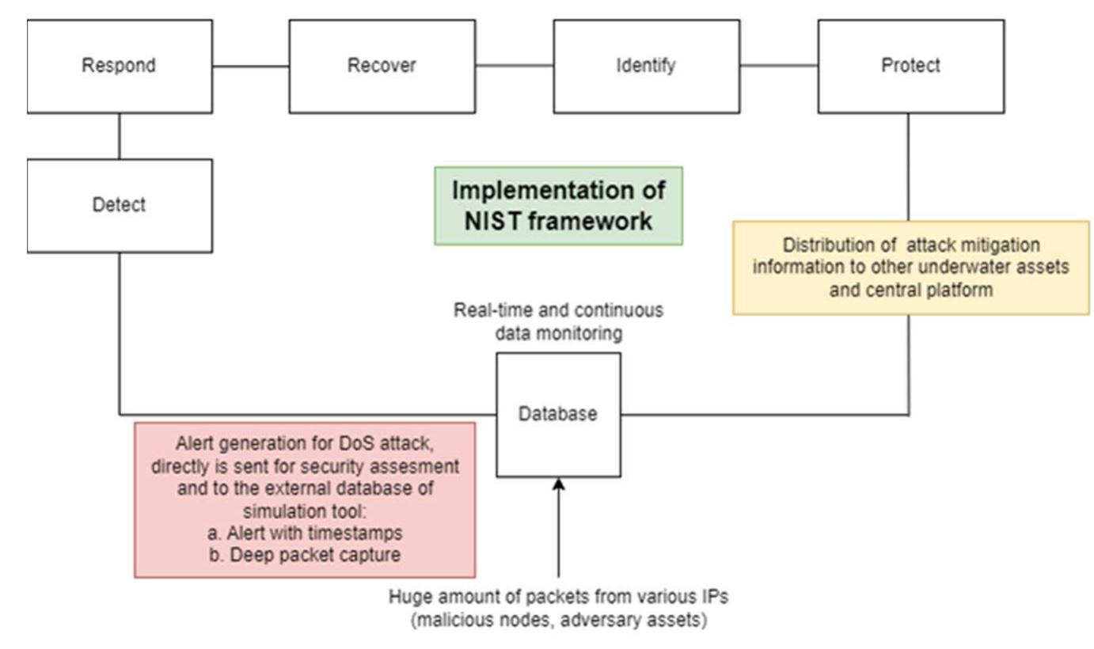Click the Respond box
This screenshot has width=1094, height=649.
(119, 66)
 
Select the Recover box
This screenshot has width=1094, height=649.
(382, 66)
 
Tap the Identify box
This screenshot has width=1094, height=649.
(646, 66)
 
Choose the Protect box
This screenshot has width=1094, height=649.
(910, 66)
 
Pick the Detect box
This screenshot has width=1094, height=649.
(119, 205)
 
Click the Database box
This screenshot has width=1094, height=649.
(558, 414)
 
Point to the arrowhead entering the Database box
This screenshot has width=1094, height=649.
(558, 484)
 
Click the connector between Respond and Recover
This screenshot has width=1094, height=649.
(250, 66)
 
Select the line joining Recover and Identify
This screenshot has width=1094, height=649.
(514, 66)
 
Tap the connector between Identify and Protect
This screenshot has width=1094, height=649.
(778, 66)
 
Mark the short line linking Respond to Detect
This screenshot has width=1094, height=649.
(119, 135)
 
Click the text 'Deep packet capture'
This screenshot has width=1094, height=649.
(315, 555)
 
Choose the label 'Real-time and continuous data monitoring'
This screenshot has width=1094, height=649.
(558, 321)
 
